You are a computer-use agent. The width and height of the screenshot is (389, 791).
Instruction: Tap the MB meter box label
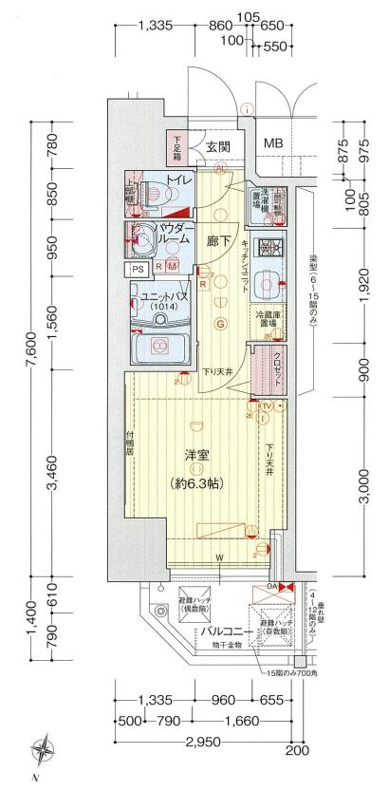pos(272,143)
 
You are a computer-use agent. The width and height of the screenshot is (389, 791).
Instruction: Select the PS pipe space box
pos(139,269)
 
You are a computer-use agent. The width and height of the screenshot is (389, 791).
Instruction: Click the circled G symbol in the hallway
pos(220,325)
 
